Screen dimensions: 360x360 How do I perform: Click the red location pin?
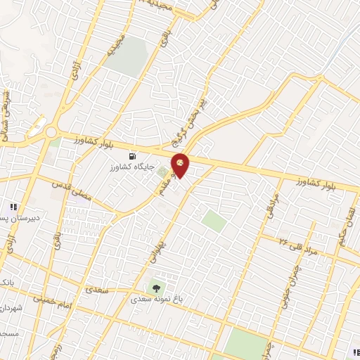click(x=180, y=165)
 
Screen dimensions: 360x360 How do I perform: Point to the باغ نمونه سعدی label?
click(x=160, y=298)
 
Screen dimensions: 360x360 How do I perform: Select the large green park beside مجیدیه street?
click(x=127, y=56)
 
